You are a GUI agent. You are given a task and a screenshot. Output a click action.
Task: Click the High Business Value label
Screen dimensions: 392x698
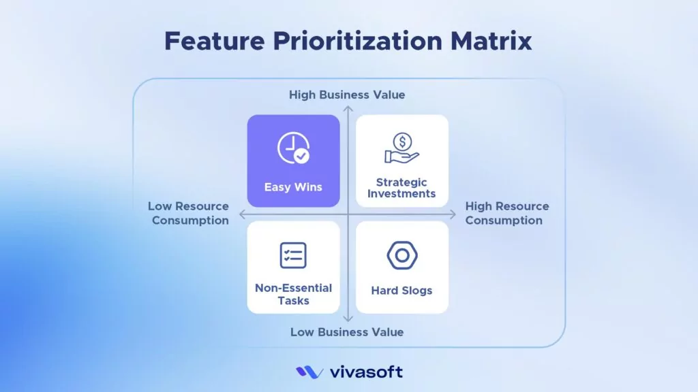tap(347, 95)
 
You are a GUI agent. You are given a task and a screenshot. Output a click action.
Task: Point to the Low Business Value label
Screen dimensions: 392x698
tap(347, 332)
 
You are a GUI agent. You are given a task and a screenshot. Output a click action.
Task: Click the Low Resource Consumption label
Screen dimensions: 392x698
tap(189, 213)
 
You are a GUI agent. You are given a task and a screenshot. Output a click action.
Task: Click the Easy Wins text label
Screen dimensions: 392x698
tap(293, 186)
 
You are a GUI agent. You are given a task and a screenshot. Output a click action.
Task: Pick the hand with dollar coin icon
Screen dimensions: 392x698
tap(401, 149)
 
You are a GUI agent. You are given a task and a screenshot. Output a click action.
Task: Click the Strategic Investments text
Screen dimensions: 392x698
tap(401, 188)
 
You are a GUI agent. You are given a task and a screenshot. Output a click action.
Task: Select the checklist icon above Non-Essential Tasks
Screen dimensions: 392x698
tap(293, 255)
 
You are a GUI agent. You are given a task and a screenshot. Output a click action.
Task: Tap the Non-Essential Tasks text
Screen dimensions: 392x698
tap(293, 294)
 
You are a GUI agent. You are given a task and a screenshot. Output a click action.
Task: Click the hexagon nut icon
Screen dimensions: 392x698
tap(401, 255)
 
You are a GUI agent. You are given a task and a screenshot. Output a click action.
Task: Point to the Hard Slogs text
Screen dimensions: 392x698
tap(401, 291)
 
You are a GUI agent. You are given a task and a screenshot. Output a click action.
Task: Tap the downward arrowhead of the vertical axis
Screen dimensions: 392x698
tap(348, 318)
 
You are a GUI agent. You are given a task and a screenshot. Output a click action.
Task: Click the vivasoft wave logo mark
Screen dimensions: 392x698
tap(309, 372)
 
